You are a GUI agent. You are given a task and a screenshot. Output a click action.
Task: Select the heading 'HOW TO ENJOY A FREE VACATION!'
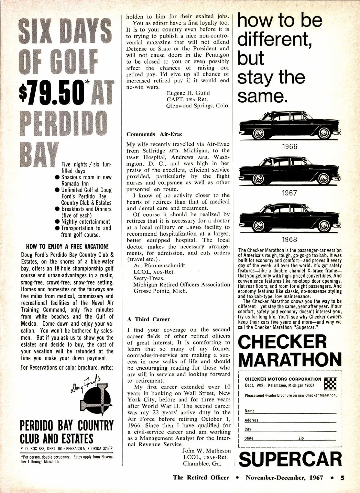click(x=67, y=247)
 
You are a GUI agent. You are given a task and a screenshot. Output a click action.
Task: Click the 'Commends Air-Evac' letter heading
click(x=154, y=134)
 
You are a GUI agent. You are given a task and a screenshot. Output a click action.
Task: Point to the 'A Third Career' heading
click(x=148, y=319)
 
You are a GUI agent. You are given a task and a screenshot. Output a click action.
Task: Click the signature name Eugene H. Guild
click(x=188, y=93)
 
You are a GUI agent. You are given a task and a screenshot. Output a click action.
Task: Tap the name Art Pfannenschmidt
click(x=159, y=266)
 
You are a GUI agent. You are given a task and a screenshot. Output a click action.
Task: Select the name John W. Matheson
click(x=206, y=451)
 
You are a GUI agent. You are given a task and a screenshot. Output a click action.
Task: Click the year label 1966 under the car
click(x=289, y=147)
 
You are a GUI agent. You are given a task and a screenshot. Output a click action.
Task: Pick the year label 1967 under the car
click(x=289, y=193)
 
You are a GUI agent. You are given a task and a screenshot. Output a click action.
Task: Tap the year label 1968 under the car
click(x=289, y=239)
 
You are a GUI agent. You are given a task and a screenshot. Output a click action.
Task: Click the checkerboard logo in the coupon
click(x=331, y=382)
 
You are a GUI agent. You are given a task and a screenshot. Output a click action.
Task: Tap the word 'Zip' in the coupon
click(x=301, y=438)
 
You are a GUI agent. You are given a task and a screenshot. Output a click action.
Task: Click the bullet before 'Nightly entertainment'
click(x=57, y=222)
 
